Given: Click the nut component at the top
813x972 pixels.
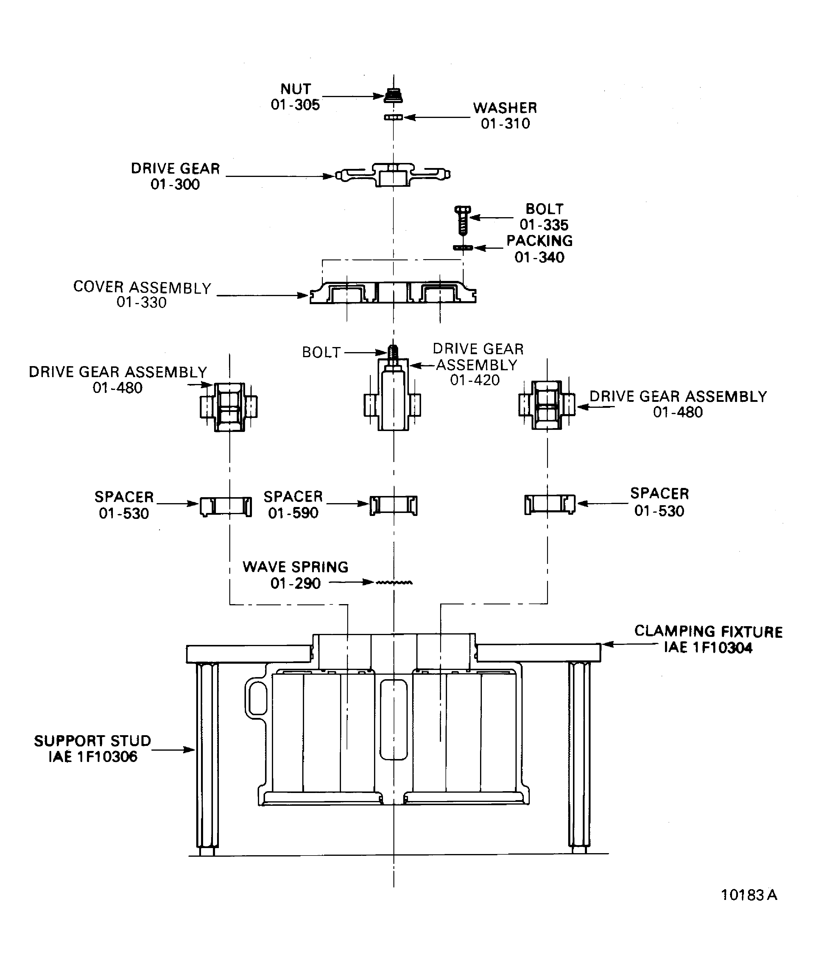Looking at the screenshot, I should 393,95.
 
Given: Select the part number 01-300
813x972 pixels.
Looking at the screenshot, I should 175,184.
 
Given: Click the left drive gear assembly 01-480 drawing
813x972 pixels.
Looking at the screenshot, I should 229,407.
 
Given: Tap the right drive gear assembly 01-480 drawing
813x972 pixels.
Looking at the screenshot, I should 547,405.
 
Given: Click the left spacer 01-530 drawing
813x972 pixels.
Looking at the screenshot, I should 226,506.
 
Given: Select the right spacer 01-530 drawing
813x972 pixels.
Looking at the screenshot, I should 550,504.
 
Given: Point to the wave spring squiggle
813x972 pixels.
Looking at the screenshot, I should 394,582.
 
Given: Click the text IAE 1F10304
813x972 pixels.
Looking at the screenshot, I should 708,648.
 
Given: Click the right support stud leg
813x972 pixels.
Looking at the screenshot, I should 579,759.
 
